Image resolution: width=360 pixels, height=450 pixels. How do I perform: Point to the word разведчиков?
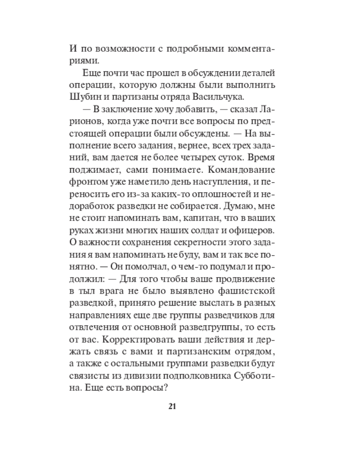pos(246,312)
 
